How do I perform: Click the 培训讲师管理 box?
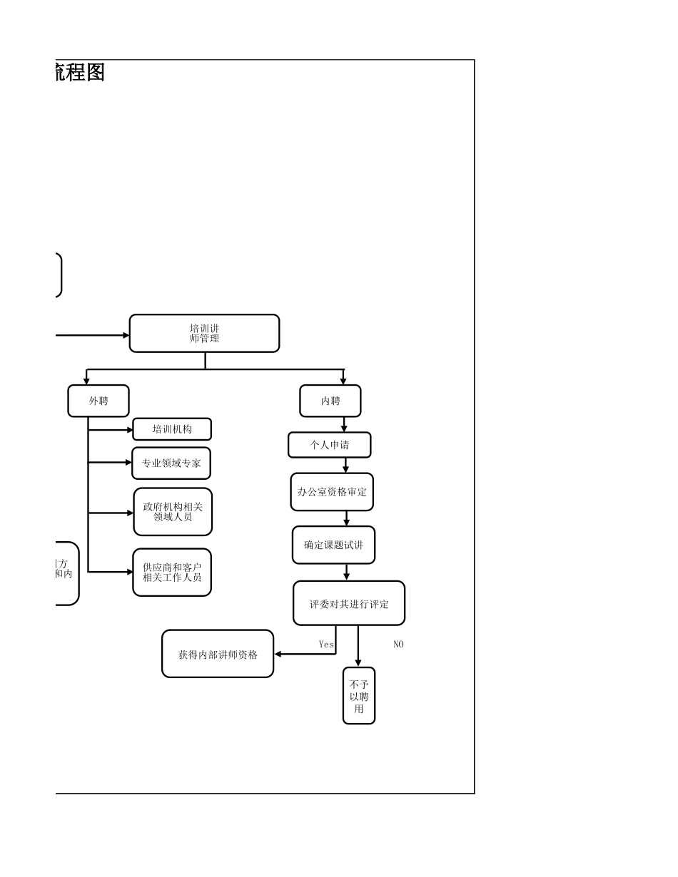pos(204,333)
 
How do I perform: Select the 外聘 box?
pos(98,401)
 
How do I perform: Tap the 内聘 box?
pos(330,401)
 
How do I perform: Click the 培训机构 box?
pos(172,429)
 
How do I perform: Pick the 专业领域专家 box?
pos(171,463)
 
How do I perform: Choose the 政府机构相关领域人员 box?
pos(173,511)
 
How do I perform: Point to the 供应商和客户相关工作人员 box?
pos(172,572)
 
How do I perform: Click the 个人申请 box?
pos(330,445)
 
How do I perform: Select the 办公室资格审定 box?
pos(332,492)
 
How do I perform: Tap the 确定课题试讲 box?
pos(333,545)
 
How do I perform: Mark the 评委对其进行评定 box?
pos(349,603)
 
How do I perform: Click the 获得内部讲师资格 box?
pos(218,654)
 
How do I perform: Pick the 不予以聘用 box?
pos(359,696)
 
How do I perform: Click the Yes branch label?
pos(326,644)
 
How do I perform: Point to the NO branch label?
pos(398,644)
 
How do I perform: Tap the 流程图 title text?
pos(80,73)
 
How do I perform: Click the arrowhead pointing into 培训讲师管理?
pos(126,335)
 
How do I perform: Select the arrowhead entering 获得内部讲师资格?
pos(278,654)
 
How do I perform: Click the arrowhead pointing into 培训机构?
pos(130,430)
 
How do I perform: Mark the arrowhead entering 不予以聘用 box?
pos(358,664)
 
